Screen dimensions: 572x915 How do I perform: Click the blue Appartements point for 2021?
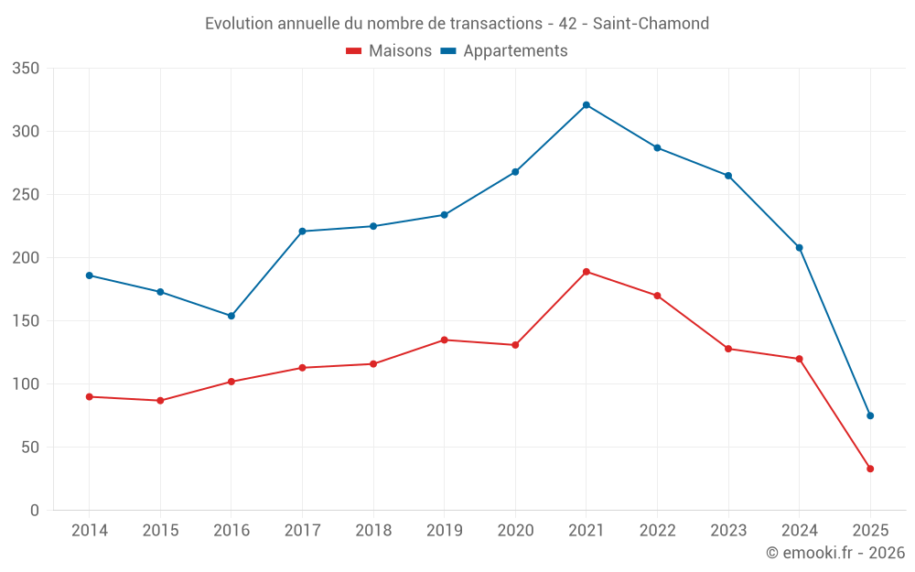click(x=587, y=105)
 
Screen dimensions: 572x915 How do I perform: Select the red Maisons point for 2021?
click(x=587, y=272)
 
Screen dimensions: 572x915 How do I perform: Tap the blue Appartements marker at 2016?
click(x=231, y=316)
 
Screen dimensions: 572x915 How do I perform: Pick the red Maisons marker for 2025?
click(x=870, y=469)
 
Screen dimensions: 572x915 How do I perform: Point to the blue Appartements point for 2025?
click(x=870, y=416)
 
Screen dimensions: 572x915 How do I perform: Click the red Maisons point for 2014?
click(x=90, y=396)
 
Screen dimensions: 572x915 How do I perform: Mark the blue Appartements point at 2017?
click(x=303, y=232)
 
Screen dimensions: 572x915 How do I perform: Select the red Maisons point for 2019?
click(x=445, y=340)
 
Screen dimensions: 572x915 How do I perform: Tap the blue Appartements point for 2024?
click(x=800, y=247)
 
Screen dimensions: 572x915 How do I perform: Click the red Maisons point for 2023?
click(x=728, y=349)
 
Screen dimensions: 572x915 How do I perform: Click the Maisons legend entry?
click(x=389, y=51)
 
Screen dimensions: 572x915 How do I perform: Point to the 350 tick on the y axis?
click(x=27, y=69)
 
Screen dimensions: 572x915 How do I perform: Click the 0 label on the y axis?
click(x=35, y=511)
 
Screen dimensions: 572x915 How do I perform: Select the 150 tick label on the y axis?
click(x=27, y=321)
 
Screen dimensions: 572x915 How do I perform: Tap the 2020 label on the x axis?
click(x=515, y=531)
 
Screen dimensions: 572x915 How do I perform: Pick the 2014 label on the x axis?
click(x=90, y=531)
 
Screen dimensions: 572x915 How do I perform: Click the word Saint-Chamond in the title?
click(x=651, y=24)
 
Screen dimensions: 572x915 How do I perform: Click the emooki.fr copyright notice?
click(x=835, y=553)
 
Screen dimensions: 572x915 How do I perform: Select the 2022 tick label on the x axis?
click(x=657, y=531)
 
